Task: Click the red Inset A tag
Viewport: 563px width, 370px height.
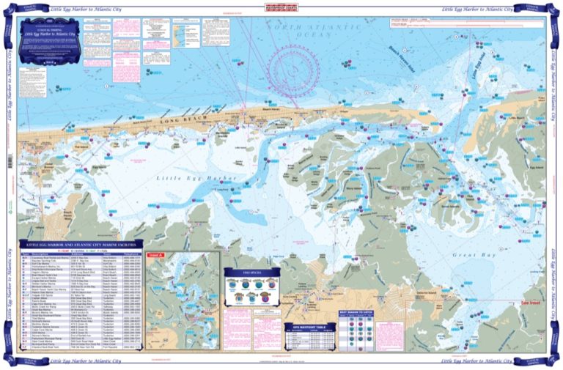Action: (155, 255)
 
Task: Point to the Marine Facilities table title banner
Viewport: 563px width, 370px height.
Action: (81, 244)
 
